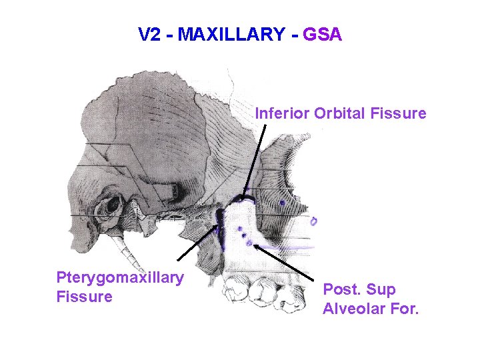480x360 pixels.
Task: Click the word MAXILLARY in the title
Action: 231,34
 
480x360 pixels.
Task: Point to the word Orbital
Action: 339,113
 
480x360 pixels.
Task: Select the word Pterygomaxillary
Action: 120,277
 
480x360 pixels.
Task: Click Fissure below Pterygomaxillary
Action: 85,296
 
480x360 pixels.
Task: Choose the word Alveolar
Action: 351,309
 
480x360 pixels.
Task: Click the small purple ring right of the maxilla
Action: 314,221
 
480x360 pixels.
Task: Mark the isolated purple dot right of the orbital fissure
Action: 283,202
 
